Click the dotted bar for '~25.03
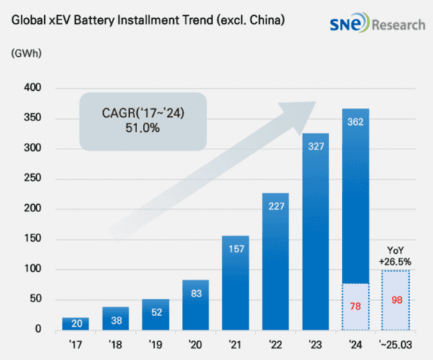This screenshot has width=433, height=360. click(395, 299)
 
